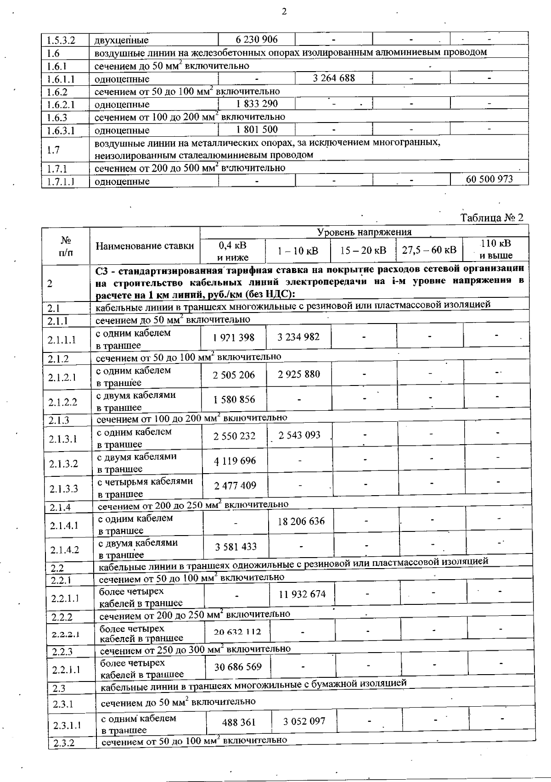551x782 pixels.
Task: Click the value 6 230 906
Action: coord(257,39)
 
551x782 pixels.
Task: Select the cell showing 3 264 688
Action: coord(334,78)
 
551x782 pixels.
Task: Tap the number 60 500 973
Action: coord(489,179)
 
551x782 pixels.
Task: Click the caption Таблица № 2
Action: coord(492,218)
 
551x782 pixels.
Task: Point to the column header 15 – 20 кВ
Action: coord(363,250)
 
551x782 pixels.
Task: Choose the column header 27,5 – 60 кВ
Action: coord(429,250)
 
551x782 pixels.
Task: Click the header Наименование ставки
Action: coord(145,246)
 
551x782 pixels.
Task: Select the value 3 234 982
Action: coord(298,337)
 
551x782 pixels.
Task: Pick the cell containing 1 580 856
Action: coord(234,399)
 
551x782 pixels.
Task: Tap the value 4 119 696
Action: coord(235,461)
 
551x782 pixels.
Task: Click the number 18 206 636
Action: coord(301,521)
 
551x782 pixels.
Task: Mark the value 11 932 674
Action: coord(302,594)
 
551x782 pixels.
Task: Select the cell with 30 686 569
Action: coord(238,666)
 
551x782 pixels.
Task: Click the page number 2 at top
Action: coord(284,12)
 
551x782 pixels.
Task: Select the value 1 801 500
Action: coord(257,129)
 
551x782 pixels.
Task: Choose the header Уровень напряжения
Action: coord(365,232)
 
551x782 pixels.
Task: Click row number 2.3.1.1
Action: coord(67,726)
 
